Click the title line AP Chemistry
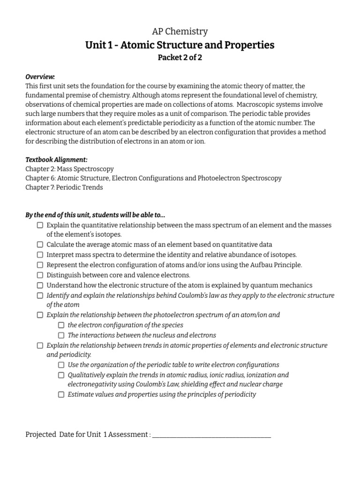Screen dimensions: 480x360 180,31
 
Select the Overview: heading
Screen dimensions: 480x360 40,77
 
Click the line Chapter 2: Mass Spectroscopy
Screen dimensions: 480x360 69,169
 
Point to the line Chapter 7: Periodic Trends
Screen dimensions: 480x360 64,187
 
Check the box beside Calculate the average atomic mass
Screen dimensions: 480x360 40,245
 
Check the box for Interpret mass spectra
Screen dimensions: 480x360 40,255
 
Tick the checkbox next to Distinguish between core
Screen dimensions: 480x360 40,275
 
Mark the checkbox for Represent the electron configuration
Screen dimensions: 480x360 40,265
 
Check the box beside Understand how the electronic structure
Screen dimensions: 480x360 40,285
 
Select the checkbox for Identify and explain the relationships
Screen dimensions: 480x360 40,296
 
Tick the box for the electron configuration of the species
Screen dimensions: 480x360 61,325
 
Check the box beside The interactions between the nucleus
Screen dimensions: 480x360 61,335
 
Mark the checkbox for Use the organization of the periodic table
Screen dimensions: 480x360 61,365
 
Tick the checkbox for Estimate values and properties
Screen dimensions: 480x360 61,395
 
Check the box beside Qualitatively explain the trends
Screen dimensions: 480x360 61,375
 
